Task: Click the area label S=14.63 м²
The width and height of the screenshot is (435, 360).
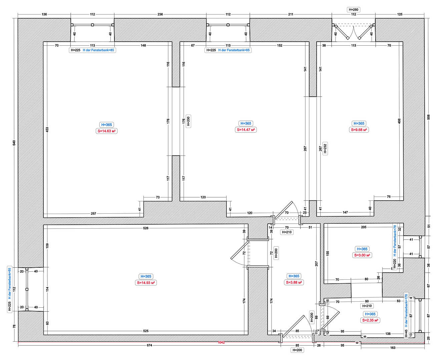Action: (x=107, y=131)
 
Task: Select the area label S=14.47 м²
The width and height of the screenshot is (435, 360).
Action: (x=246, y=130)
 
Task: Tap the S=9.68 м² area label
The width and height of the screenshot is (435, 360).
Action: (x=359, y=130)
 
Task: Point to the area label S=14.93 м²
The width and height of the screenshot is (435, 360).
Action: (x=146, y=283)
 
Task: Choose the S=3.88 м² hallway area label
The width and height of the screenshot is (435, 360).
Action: (x=294, y=282)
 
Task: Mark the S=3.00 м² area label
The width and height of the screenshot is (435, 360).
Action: (x=362, y=255)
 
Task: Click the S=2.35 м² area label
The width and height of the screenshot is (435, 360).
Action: (x=370, y=320)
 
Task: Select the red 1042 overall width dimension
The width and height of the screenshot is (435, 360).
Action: (x=221, y=342)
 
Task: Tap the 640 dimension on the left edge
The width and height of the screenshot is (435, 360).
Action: (x=14, y=143)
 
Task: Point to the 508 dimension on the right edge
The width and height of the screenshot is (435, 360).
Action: (x=429, y=117)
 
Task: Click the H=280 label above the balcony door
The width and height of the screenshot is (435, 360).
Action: (x=353, y=10)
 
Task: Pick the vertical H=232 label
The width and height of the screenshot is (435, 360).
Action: (x=325, y=148)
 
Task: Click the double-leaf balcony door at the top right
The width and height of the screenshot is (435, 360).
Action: (x=354, y=31)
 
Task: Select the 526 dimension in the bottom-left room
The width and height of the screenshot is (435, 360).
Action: (x=146, y=228)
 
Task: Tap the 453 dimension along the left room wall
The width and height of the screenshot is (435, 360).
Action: (x=47, y=129)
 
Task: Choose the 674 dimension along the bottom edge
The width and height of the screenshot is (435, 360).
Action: (x=149, y=345)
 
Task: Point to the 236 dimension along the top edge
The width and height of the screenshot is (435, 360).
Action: (x=160, y=14)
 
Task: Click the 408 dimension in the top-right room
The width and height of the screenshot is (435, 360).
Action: (x=399, y=121)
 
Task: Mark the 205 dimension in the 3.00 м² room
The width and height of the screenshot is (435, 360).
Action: (x=364, y=227)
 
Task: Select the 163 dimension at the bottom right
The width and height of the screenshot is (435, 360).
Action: (x=393, y=348)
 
